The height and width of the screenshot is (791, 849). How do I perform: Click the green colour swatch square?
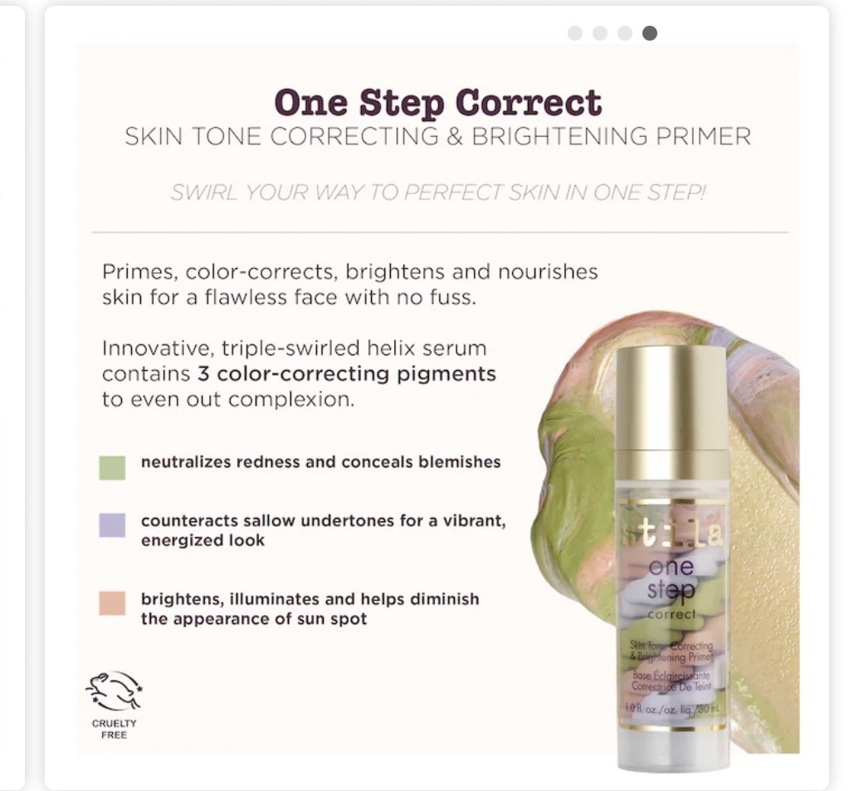click(x=112, y=467)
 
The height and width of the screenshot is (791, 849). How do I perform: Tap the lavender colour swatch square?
click(x=112, y=525)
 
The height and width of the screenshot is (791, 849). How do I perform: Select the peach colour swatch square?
click(x=112, y=603)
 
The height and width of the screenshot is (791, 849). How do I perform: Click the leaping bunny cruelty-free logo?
click(x=114, y=691)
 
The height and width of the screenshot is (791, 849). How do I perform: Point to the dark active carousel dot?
click(x=650, y=33)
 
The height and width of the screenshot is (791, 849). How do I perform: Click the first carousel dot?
click(x=575, y=33)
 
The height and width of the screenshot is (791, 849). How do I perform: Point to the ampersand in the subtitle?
click(x=454, y=137)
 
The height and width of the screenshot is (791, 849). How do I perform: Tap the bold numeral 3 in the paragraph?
click(x=203, y=374)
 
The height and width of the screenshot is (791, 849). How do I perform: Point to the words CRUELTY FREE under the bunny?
click(x=114, y=729)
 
